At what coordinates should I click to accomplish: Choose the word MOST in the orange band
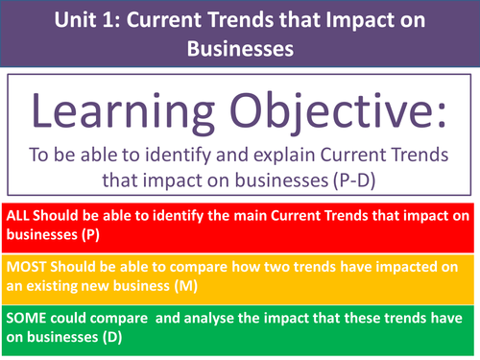coord(24,264)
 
